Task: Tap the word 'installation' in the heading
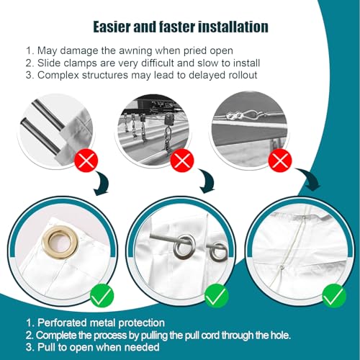(233, 27)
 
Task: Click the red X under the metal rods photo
(86, 160)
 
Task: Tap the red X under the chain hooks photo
(182, 160)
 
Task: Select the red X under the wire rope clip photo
(280, 160)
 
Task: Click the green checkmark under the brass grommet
(102, 296)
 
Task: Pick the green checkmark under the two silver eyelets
(216, 296)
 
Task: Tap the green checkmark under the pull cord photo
(334, 296)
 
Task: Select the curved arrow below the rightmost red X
(310, 178)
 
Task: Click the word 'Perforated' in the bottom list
(63, 323)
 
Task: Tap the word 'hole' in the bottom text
(279, 335)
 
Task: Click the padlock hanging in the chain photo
(169, 120)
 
